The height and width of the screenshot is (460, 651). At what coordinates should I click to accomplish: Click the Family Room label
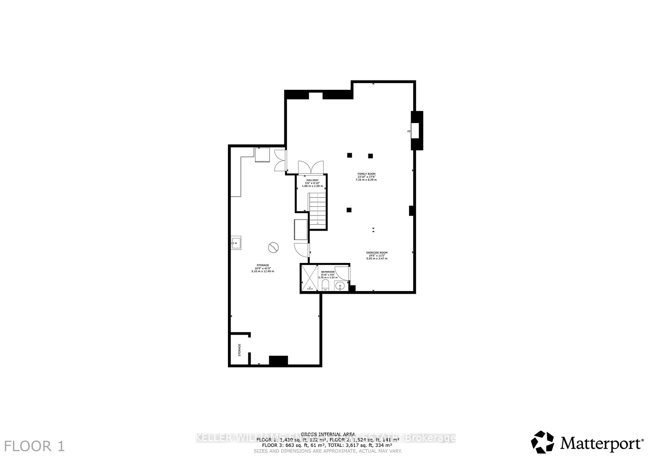coord(366,174)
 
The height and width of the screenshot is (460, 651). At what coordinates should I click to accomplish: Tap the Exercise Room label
coord(377,253)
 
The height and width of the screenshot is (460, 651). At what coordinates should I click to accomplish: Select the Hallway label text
coord(312,180)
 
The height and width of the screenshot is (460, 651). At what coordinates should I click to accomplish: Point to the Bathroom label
coord(328,272)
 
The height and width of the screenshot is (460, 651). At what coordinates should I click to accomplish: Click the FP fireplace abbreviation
coord(409,131)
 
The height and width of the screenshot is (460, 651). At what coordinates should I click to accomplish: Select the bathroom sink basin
coord(340,286)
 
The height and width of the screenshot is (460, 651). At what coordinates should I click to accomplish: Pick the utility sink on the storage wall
coord(236,243)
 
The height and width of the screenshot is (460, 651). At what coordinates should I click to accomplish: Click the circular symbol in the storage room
coord(273,248)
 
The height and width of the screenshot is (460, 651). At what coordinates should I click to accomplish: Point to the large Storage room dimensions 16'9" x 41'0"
coord(263,268)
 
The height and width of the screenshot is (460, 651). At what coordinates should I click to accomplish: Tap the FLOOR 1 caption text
coord(34,446)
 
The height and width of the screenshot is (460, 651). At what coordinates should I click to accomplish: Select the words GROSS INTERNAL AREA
coord(328,434)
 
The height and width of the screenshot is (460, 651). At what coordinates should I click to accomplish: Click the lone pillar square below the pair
coord(349,210)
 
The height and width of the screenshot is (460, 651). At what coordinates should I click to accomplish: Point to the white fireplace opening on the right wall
coord(415,131)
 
